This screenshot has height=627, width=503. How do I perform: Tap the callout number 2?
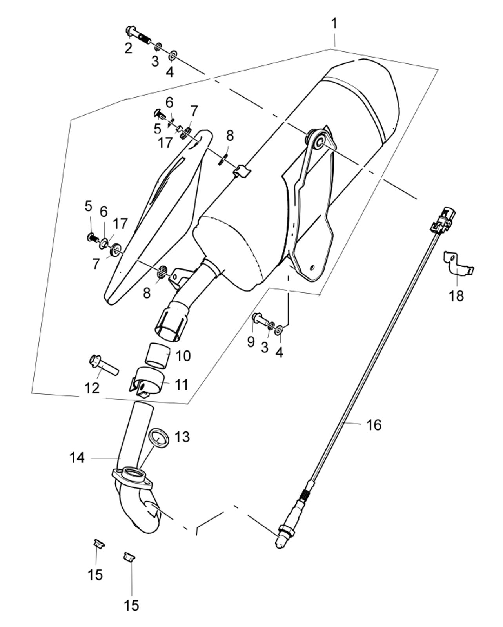tap(128, 48)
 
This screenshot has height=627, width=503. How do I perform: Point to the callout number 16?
tap(374, 425)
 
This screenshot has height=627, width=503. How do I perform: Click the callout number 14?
tap(77, 458)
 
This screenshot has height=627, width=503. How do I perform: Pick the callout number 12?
tap(92, 388)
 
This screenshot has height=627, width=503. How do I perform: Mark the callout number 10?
tap(183, 356)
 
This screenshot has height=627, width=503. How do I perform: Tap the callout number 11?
tap(182, 384)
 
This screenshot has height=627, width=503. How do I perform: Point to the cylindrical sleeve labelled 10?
tap(159, 355)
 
